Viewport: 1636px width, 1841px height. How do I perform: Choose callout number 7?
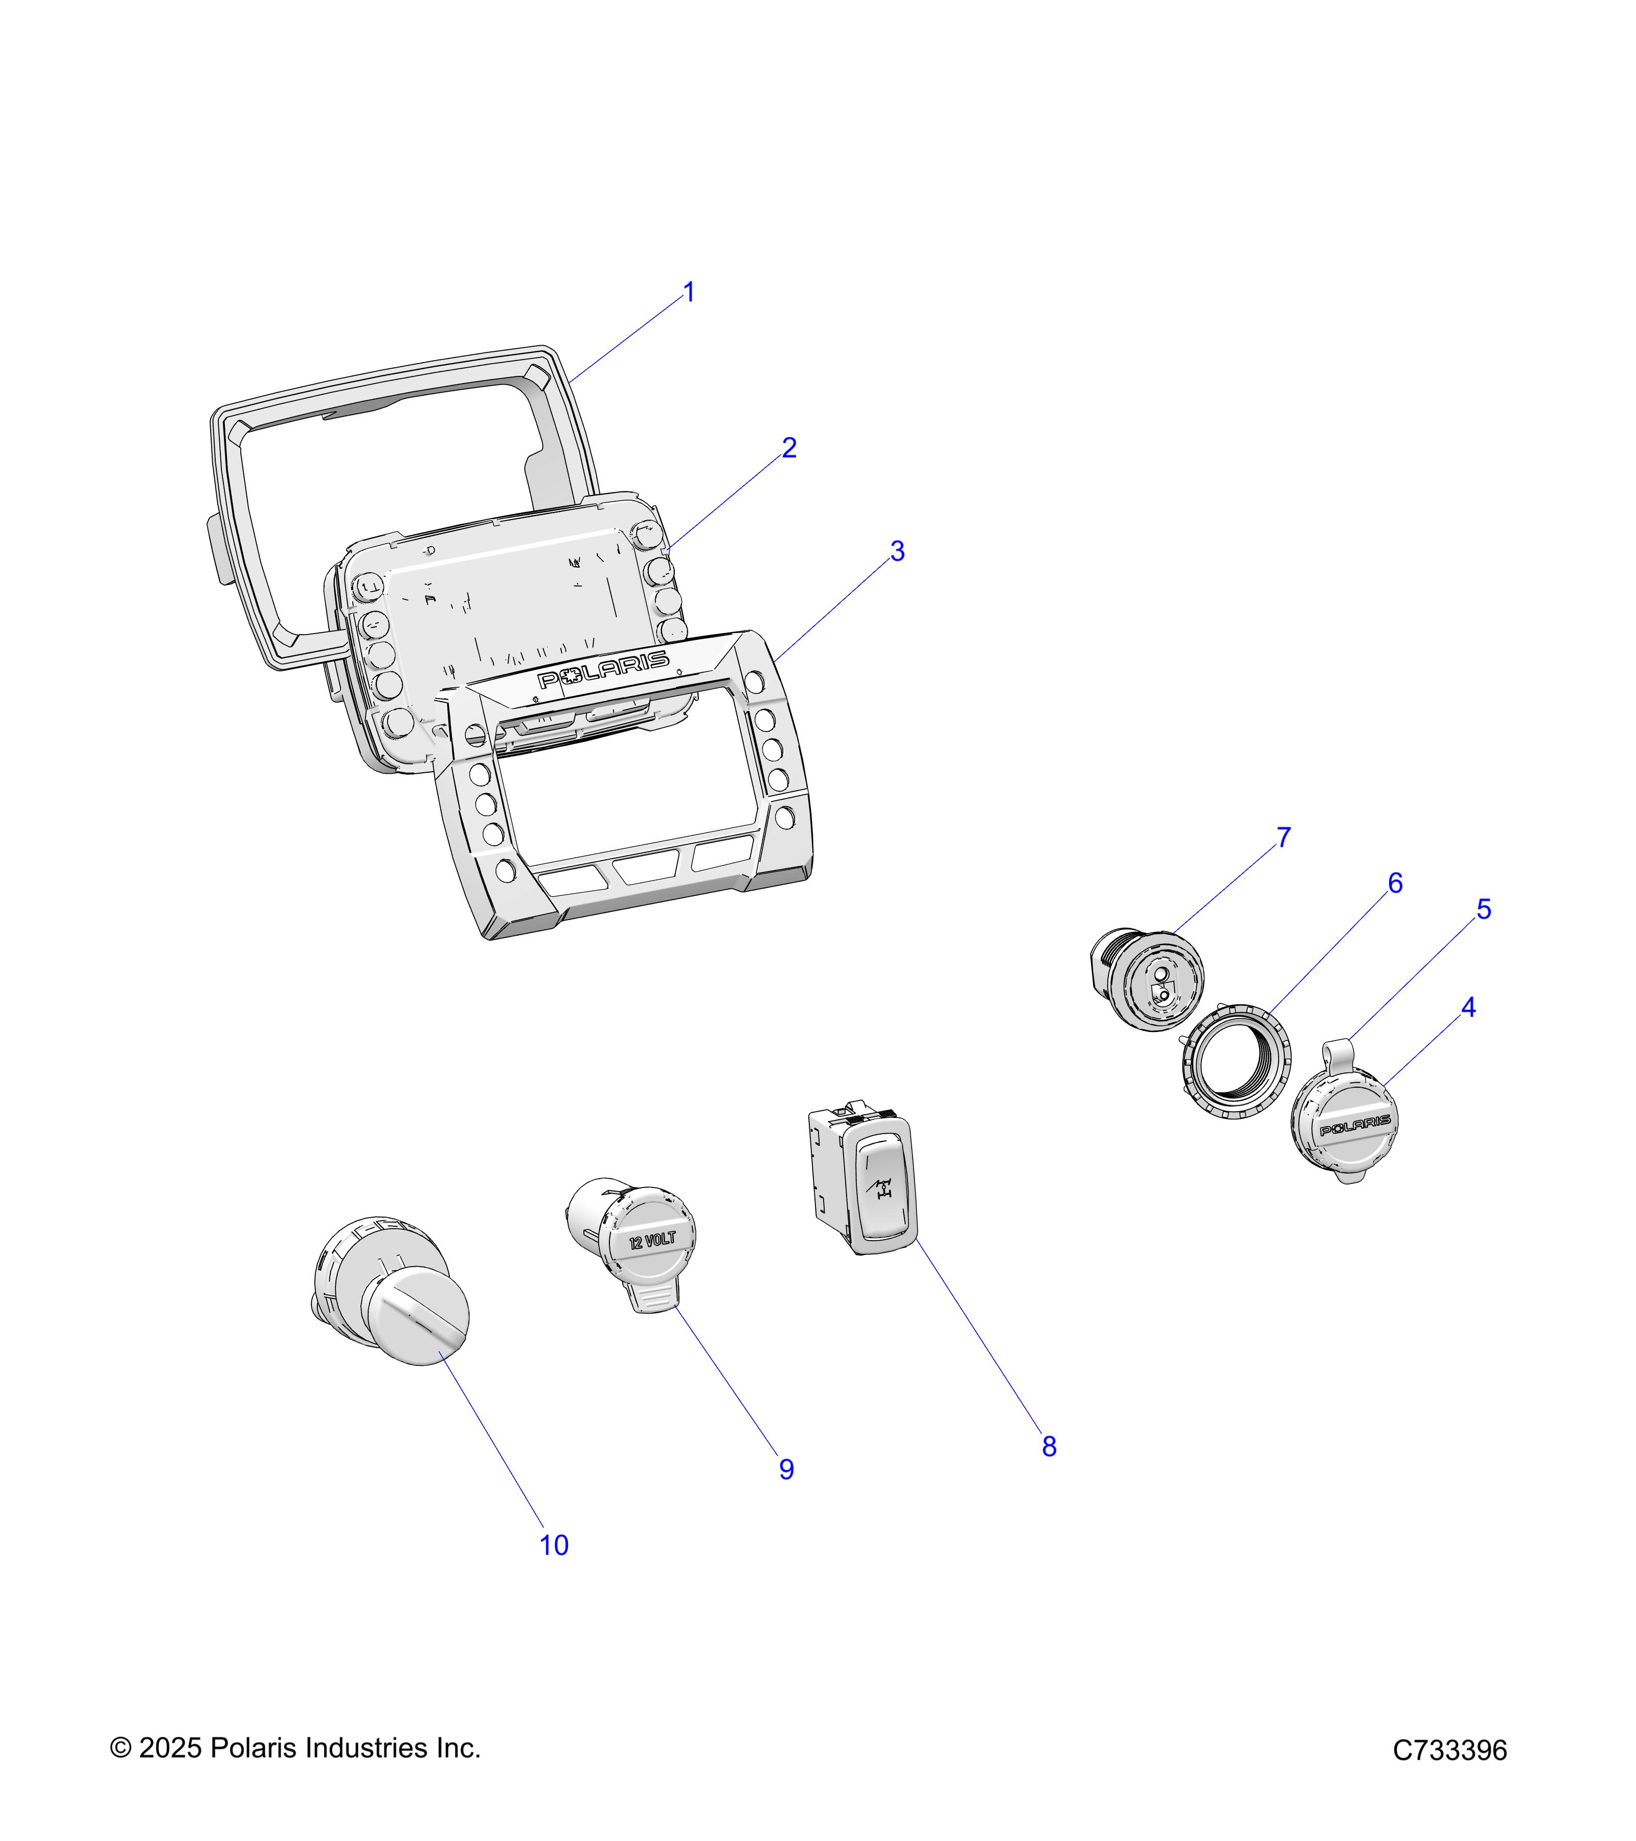pyautogui.click(x=1283, y=839)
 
